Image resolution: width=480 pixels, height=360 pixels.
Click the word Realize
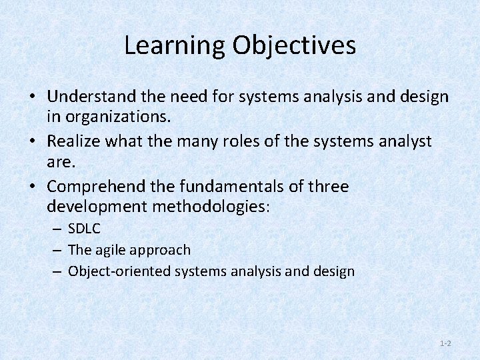(73, 141)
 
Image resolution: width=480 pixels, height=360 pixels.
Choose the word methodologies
(211, 205)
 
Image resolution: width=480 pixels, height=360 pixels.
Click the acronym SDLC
(84, 229)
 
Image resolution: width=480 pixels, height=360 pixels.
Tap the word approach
(161, 251)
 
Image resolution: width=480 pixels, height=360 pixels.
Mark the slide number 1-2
(445, 343)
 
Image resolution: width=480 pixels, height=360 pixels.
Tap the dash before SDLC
(58, 229)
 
